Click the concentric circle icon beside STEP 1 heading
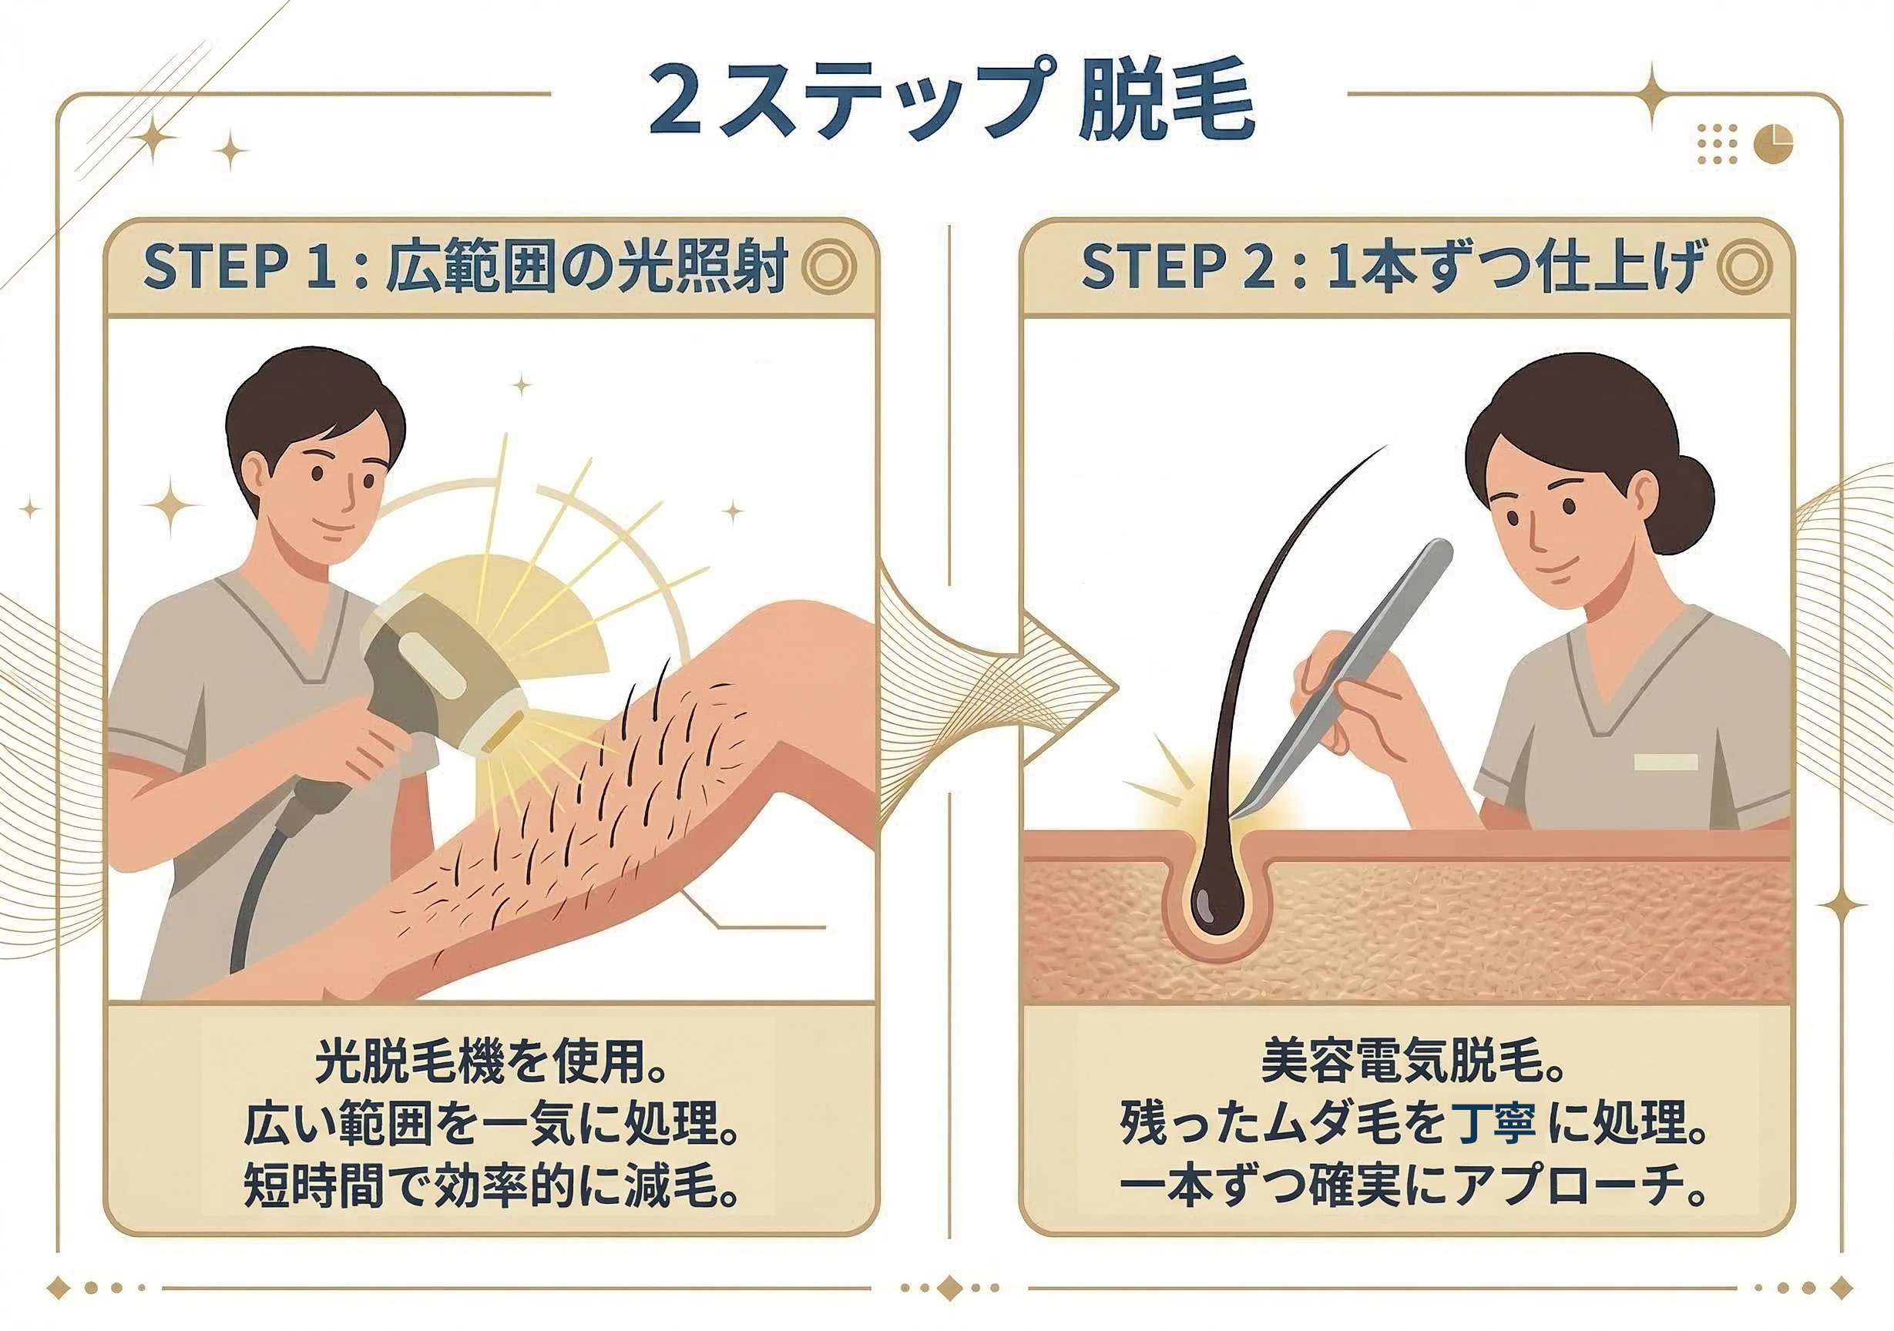[x=828, y=268]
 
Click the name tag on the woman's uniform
[x=1664, y=761]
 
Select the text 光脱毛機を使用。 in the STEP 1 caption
[x=491, y=1061]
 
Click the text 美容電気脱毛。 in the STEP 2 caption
[x=1412, y=1061]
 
